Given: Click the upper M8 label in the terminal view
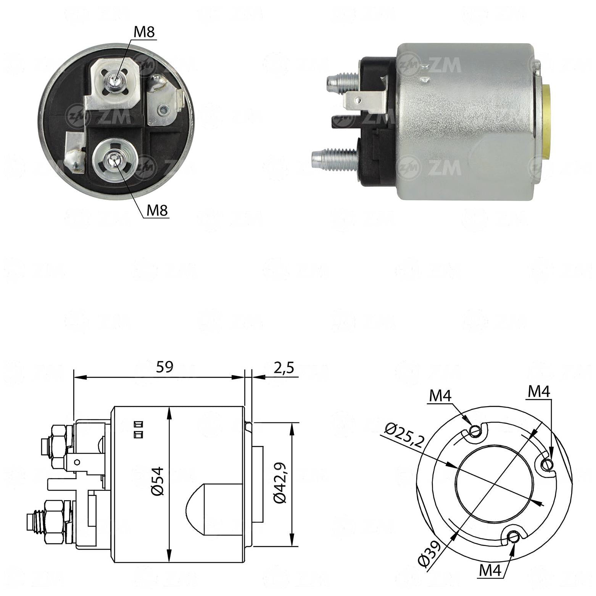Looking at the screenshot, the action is click(x=144, y=33).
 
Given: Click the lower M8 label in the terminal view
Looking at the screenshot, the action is click(x=157, y=210).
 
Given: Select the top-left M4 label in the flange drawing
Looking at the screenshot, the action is click(x=440, y=396).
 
